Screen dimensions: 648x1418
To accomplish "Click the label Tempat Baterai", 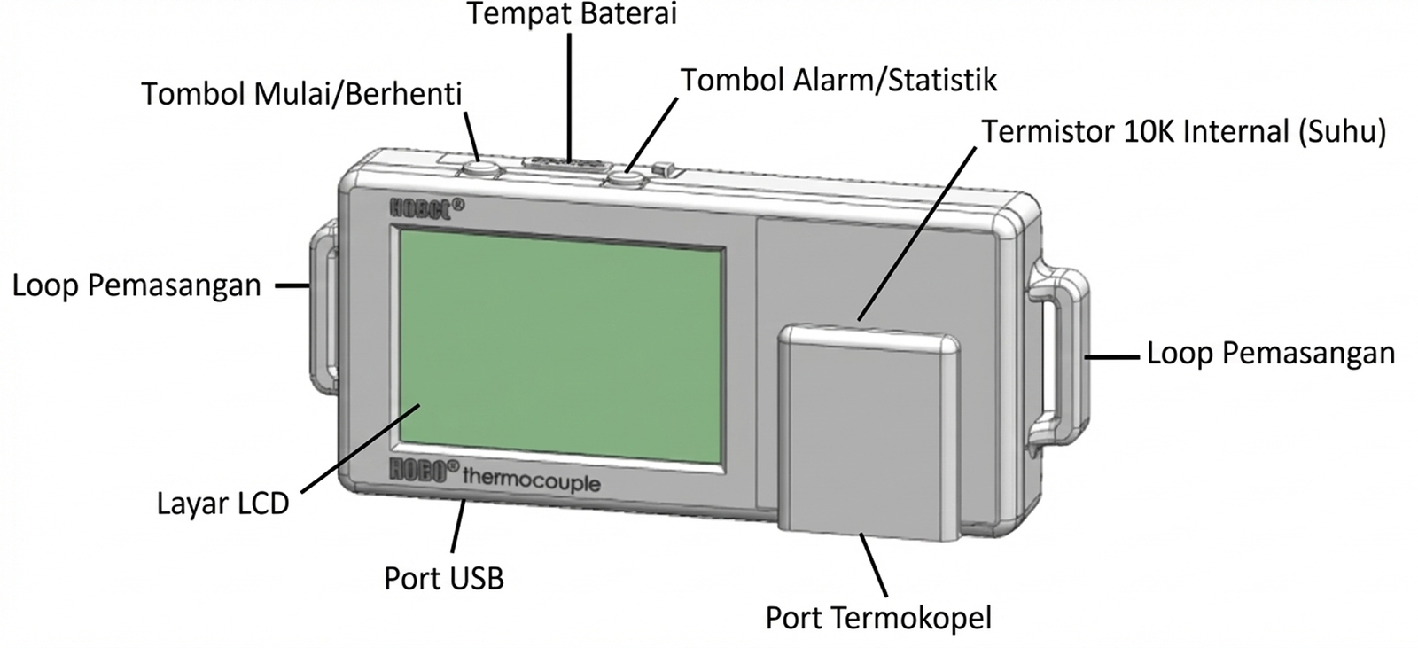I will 572,15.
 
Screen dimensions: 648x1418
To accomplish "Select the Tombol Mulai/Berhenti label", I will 302,94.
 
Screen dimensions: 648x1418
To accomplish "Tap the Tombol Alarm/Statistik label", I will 838,80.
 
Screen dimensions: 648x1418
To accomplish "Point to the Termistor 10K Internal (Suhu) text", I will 1183,132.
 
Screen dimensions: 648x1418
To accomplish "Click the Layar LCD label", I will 222,504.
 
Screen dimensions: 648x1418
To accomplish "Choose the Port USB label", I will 443,579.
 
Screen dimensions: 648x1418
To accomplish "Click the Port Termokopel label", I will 878,618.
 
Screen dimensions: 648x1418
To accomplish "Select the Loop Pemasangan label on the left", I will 136,286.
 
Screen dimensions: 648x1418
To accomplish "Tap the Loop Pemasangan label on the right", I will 1270,353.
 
